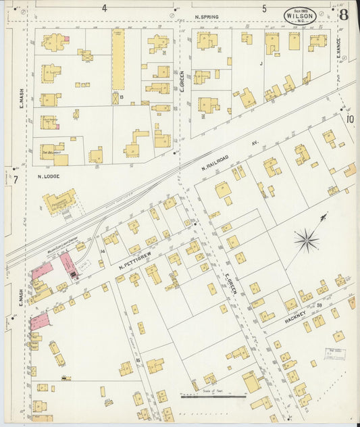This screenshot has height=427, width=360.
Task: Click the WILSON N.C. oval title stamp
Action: pyautogui.click(x=300, y=16)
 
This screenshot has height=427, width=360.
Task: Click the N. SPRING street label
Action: pyautogui.click(x=207, y=16)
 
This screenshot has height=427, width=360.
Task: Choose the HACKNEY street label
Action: pyautogui.click(x=295, y=315)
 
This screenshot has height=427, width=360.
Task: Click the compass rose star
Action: pyautogui.click(x=307, y=239)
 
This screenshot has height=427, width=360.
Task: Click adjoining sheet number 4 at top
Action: pyautogui.click(x=105, y=8)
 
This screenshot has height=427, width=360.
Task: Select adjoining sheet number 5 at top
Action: pyautogui.click(x=264, y=8)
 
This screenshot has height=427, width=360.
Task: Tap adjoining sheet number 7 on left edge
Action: pyautogui.click(x=15, y=179)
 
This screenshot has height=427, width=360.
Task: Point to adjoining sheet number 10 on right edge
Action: pyautogui.click(x=350, y=119)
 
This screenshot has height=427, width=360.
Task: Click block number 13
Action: pyautogui.click(x=122, y=98)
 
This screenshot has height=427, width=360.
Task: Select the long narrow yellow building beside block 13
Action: pyautogui.click(x=118, y=59)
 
